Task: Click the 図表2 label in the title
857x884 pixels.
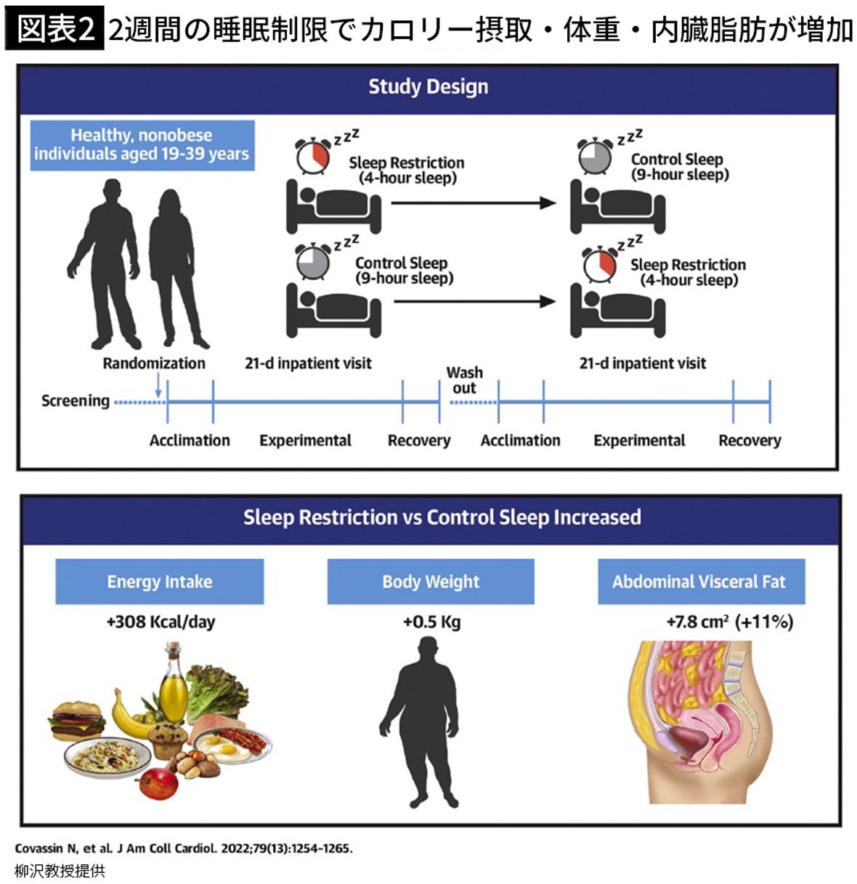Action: pyautogui.click(x=54, y=30)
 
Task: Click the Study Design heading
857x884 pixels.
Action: pyautogui.click(x=428, y=87)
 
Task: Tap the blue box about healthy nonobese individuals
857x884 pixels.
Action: pyautogui.click(x=142, y=144)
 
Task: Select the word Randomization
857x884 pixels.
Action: pyautogui.click(x=154, y=363)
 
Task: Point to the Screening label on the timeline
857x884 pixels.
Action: pyautogui.click(x=75, y=401)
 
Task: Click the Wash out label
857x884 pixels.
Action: pyautogui.click(x=464, y=380)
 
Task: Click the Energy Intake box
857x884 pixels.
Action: pyautogui.click(x=160, y=581)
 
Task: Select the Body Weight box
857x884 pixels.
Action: pyautogui.click(x=431, y=581)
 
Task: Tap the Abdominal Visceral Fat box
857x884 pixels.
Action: pyautogui.click(x=701, y=581)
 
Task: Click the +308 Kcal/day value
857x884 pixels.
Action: pyautogui.click(x=161, y=622)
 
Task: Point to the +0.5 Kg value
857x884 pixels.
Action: pyautogui.click(x=431, y=622)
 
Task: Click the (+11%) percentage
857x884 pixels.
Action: pyautogui.click(x=764, y=622)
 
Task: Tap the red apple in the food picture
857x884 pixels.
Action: pyautogui.click(x=157, y=783)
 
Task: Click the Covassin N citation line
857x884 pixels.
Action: pyautogui.click(x=183, y=848)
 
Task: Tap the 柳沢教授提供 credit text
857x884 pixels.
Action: pyautogui.click(x=60, y=870)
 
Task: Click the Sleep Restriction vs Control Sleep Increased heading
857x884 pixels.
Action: pyautogui.click(x=442, y=517)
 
